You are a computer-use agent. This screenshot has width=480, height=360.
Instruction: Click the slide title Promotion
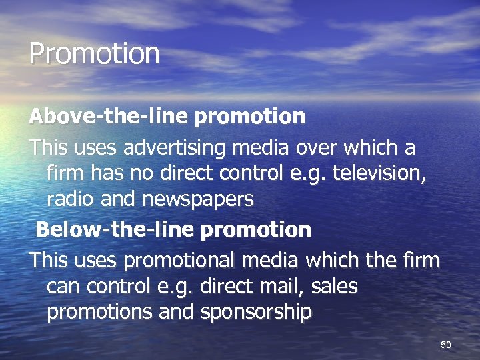click(95, 54)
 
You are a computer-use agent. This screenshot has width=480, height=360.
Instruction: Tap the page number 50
click(446, 345)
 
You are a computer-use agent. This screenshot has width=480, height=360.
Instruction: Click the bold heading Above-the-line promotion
click(167, 117)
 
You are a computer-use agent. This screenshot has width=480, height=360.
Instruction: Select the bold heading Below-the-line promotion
click(173, 230)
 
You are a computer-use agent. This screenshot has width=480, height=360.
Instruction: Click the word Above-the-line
click(109, 117)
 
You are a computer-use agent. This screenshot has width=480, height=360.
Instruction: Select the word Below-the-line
click(115, 230)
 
